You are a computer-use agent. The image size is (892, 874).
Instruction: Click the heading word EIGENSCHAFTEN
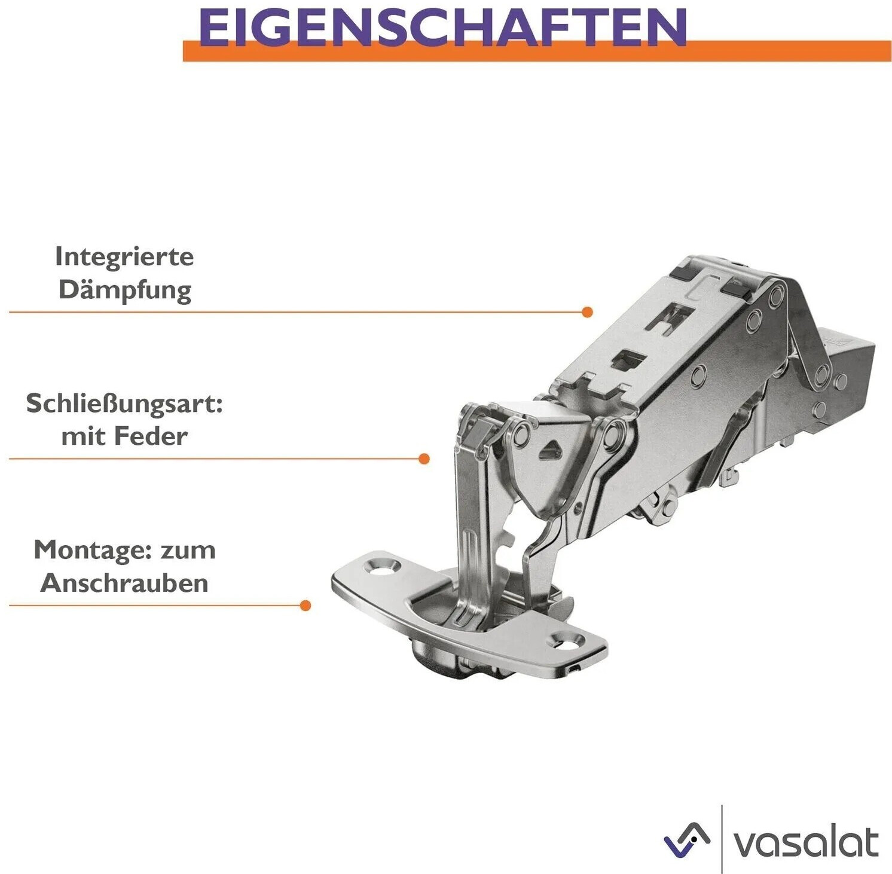(442, 27)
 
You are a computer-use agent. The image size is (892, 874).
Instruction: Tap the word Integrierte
(124, 257)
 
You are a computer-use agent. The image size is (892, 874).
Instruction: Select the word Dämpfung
(125, 291)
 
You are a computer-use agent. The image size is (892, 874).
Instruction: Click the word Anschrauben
(124, 583)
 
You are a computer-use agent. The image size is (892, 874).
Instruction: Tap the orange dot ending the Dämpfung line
(587, 312)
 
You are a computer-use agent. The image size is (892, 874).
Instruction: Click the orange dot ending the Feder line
(424, 459)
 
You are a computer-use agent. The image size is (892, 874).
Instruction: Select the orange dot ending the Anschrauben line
(305, 606)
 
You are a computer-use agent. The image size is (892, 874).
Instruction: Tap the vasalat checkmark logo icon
(687, 840)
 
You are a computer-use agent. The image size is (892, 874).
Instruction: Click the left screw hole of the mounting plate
(383, 565)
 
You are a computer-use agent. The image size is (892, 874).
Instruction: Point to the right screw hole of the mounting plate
(569, 642)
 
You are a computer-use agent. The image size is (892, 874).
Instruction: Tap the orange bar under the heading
(537, 52)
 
